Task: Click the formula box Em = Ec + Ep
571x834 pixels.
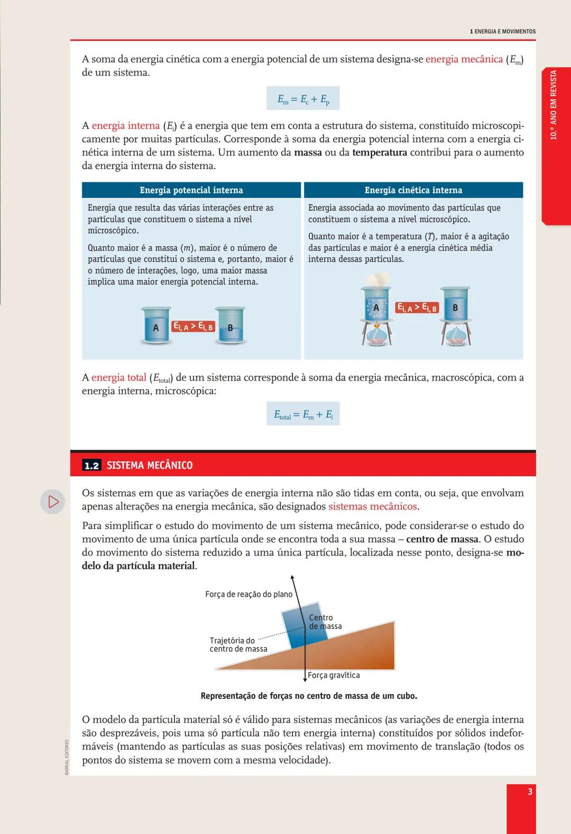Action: click(x=303, y=99)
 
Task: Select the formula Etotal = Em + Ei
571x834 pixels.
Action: click(x=303, y=414)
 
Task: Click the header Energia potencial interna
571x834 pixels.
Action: click(x=191, y=190)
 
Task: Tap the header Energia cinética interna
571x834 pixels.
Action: click(x=413, y=190)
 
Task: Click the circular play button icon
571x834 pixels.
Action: click(x=53, y=502)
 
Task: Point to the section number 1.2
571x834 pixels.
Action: click(x=91, y=466)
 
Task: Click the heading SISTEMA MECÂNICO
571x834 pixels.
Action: click(x=150, y=466)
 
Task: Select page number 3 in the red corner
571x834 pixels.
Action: click(x=530, y=792)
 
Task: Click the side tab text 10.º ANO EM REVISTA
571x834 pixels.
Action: click(x=554, y=105)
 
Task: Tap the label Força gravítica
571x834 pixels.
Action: click(x=334, y=675)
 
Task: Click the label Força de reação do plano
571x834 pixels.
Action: click(x=248, y=595)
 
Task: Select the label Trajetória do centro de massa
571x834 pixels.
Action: click(x=238, y=645)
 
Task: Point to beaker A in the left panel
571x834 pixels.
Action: click(x=155, y=327)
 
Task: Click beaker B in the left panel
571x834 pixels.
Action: click(x=230, y=327)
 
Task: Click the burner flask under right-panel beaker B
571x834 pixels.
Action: click(x=455, y=337)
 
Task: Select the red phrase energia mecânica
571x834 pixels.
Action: click(x=464, y=59)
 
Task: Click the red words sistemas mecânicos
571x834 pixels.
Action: click(x=373, y=506)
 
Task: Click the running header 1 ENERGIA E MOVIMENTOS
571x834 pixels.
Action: click(x=502, y=32)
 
